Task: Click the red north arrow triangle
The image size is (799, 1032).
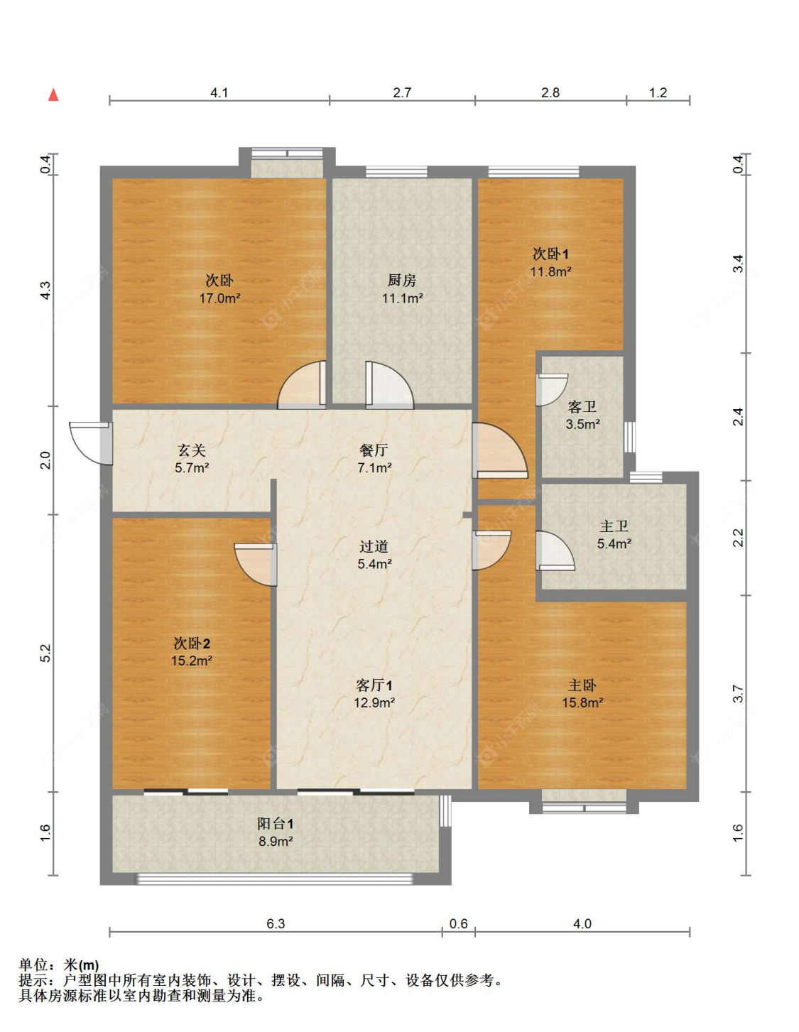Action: [x=53, y=95]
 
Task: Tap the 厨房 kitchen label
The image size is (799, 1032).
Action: [x=402, y=281]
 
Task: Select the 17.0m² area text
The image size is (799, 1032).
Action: [x=219, y=298]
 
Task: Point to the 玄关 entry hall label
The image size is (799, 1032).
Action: [x=191, y=450]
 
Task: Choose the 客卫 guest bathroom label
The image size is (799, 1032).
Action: [x=582, y=406]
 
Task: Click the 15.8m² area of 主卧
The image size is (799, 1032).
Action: [x=582, y=702]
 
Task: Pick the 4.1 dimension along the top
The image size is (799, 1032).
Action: [x=219, y=92]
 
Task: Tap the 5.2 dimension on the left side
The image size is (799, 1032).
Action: [x=45, y=653]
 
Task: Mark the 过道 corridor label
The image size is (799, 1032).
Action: [x=374, y=546]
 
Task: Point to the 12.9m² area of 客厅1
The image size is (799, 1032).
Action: [x=374, y=702]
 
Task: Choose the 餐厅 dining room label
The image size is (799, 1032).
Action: [x=374, y=450]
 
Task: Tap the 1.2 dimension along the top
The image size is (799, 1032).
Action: [x=658, y=92]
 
